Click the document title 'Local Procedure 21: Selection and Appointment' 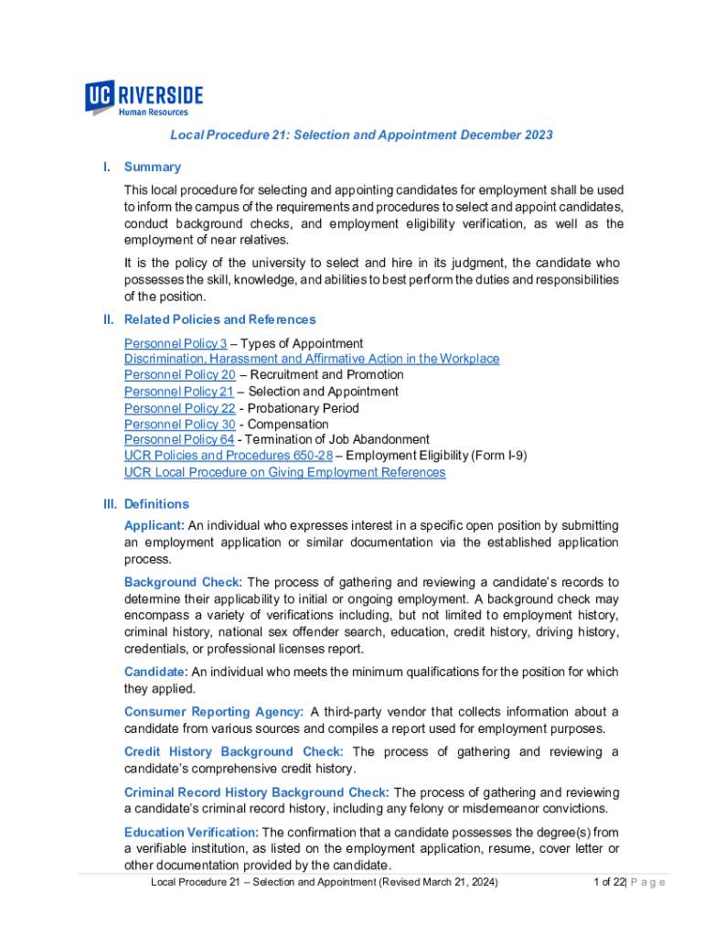pos(361,135)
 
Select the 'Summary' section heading pos(152,167)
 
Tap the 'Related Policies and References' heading pos(219,319)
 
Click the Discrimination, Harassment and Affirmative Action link pos(312,359)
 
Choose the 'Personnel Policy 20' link pos(179,374)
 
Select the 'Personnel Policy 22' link pos(179,408)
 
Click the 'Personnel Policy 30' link pos(179,425)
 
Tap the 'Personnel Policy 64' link pos(179,439)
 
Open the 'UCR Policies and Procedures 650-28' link pos(229,455)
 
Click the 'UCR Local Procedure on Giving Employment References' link pos(284,472)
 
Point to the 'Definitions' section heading pos(156,504)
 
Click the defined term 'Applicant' pos(154,525)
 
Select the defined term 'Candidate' pos(154,672)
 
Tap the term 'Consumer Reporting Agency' pos(214,712)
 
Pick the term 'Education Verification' pos(190,832)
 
